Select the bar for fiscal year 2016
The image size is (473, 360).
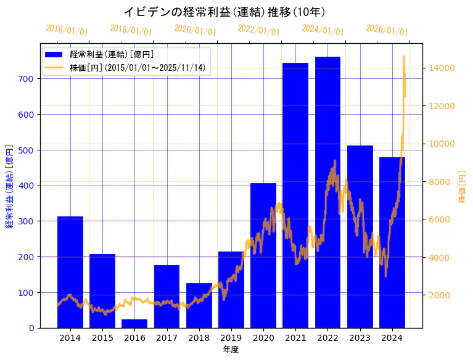point(134,324)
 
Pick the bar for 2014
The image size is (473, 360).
point(70,272)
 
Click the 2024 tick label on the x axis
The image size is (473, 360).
point(392,338)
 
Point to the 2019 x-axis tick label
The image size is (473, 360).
point(231,338)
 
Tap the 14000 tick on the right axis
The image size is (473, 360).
point(443,68)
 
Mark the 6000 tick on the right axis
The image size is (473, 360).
point(440,219)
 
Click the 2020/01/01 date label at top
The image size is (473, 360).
point(195,30)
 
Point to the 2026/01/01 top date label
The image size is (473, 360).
point(387,30)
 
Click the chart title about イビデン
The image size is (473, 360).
point(224,12)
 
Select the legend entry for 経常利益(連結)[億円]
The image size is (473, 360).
point(111,55)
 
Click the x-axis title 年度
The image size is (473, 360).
point(231,350)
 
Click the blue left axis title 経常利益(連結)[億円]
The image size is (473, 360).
point(9,186)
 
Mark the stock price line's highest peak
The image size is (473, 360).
point(404,57)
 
